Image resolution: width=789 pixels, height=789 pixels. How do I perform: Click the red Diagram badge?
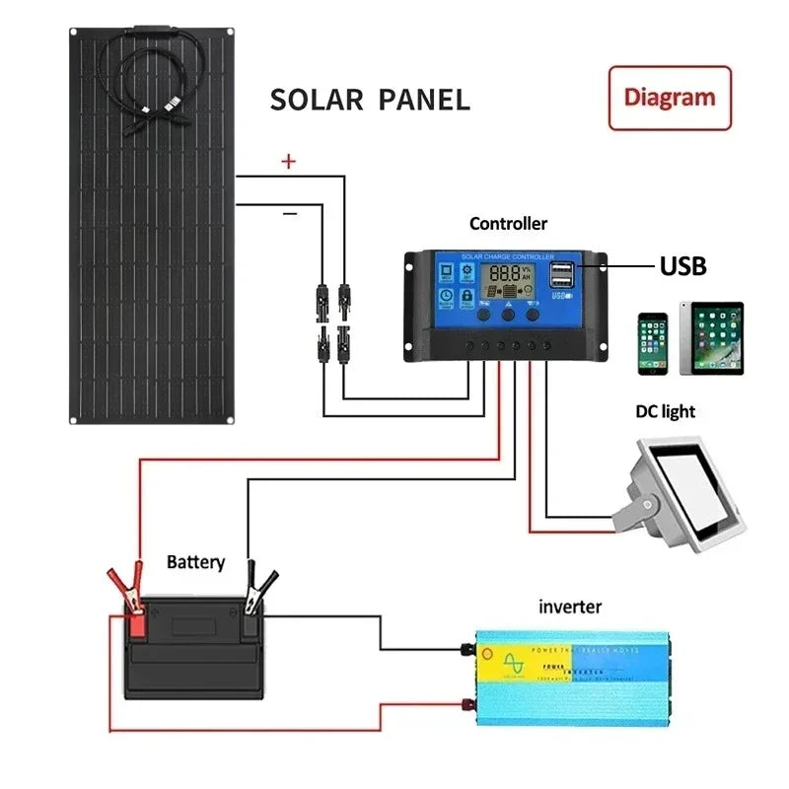[x=670, y=98]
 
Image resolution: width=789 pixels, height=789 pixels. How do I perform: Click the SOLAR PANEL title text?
[x=370, y=100]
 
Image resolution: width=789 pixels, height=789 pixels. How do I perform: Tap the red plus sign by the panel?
[x=288, y=163]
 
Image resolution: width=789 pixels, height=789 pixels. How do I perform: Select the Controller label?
[x=508, y=224]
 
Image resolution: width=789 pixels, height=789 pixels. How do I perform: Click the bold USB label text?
[x=682, y=266]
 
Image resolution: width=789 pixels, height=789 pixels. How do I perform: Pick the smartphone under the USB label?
[x=652, y=343]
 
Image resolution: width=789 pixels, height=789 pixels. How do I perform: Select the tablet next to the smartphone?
[x=711, y=338]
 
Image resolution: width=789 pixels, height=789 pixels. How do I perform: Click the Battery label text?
[x=195, y=563]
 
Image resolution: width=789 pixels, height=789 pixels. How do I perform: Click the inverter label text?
[x=569, y=607]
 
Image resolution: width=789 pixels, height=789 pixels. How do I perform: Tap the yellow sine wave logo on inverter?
[x=514, y=663]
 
